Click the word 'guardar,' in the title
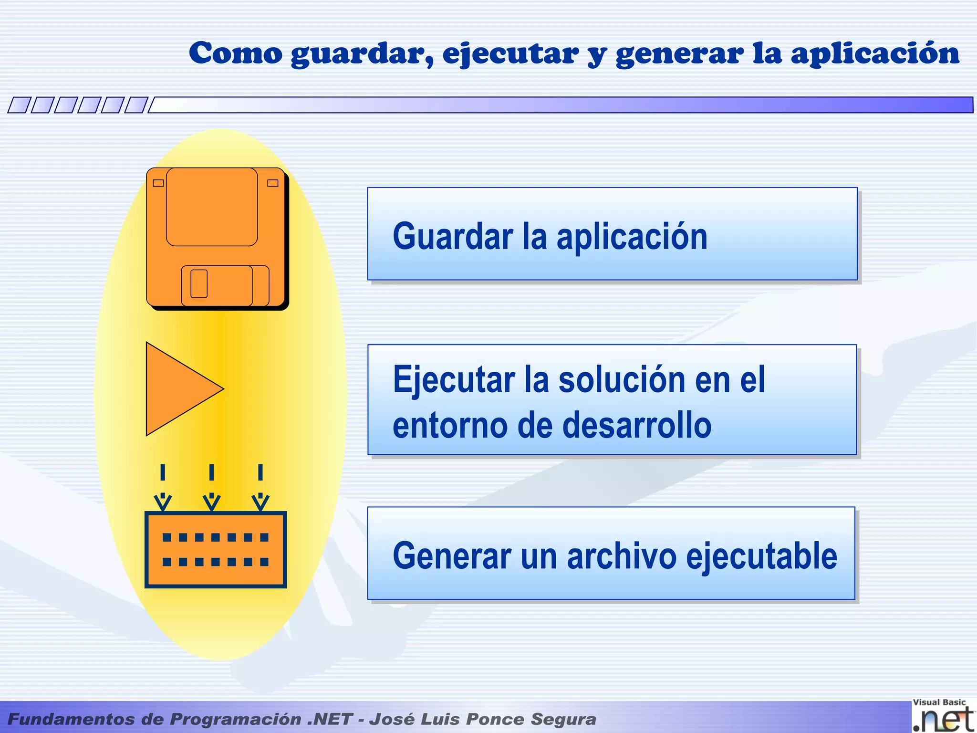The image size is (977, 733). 362,53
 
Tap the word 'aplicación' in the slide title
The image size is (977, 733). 875,53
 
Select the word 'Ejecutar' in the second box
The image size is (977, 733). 454,380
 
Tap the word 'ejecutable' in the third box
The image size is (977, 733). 761,556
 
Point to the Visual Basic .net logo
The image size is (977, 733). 943,716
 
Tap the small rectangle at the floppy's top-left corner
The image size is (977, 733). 158,183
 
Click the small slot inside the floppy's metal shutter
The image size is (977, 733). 199,283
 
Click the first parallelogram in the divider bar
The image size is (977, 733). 19,105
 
